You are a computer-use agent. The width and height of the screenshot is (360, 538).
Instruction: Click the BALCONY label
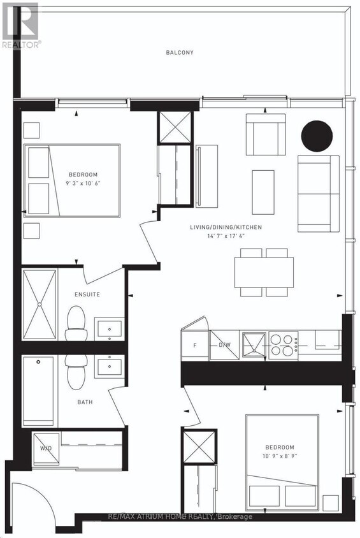[181, 53]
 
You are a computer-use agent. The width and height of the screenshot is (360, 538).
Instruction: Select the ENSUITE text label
[87, 294]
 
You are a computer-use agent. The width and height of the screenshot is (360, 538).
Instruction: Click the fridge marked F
[194, 346]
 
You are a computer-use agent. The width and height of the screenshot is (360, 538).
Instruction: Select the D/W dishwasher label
[224, 345]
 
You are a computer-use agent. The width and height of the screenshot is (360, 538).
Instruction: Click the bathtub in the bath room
[40, 391]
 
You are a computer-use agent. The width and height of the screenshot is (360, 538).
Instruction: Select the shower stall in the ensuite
[40, 305]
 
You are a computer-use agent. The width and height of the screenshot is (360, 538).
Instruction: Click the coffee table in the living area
[263, 191]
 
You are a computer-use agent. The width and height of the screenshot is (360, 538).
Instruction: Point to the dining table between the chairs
[264, 272]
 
